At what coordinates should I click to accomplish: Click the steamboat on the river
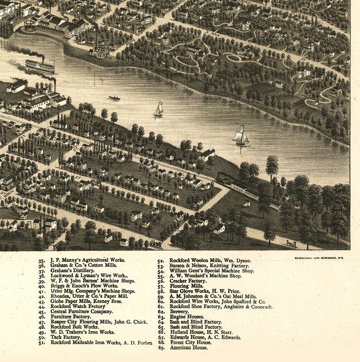[x=40, y=66]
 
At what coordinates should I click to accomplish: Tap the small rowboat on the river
[x=114, y=98]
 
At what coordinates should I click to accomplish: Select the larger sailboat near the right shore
[x=241, y=137]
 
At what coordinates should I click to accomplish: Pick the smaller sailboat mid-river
[x=158, y=110]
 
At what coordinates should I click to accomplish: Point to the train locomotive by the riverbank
[x=223, y=179]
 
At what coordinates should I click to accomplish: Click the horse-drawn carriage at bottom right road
[x=289, y=244]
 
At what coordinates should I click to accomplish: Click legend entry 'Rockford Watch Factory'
[x=78, y=306]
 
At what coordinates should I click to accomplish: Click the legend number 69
[x=161, y=348]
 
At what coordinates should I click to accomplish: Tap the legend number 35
[x=42, y=260]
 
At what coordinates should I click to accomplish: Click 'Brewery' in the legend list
[x=180, y=312]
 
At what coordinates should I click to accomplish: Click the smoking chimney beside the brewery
[x=96, y=39]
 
